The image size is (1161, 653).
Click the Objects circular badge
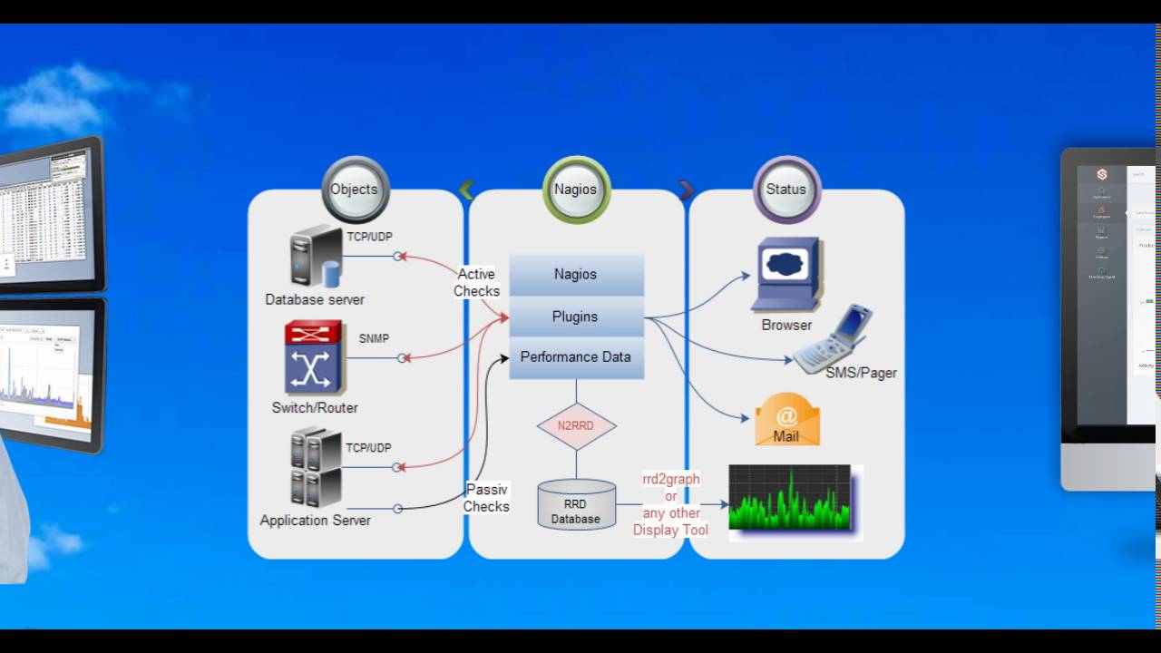click(x=355, y=190)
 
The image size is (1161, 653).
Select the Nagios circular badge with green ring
click(x=576, y=190)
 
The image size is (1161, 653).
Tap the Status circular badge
click(x=786, y=190)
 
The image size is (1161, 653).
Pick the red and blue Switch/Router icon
click(x=313, y=357)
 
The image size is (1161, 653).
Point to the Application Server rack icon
click(x=316, y=467)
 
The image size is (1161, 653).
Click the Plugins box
click(x=576, y=317)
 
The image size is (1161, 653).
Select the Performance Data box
click(x=576, y=357)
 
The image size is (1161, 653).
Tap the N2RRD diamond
click(x=576, y=426)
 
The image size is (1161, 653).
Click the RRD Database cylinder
click(x=576, y=504)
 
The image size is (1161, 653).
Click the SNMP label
click(x=374, y=338)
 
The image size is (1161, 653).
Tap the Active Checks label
click(x=476, y=282)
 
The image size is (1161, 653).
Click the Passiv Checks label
click(x=486, y=498)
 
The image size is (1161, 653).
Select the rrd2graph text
click(x=671, y=479)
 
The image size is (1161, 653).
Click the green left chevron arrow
click(x=467, y=190)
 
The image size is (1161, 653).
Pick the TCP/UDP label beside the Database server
click(x=369, y=237)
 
